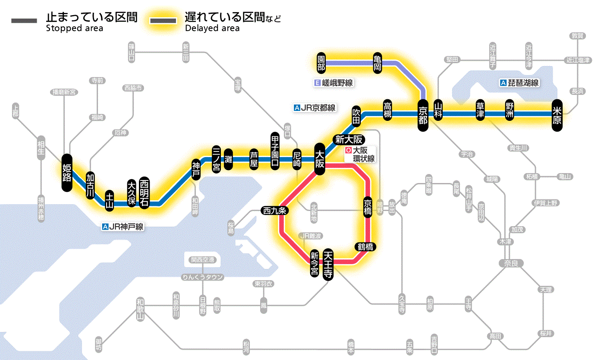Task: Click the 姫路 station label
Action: [x=67, y=172]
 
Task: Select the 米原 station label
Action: [x=557, y=114]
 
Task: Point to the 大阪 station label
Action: [x=320, y=159]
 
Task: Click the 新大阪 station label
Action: [x=349, y=139]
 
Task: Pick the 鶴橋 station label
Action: [x=365, y=247]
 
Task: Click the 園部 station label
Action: [x=321, y=63]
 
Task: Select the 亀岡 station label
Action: [x=377, y=63]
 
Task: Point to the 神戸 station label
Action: [x=196, y=170]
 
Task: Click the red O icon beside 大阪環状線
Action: [x=349, y=151]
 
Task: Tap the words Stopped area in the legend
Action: [x=75, y=28]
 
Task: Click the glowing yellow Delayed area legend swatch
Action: [x=163, y=21]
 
